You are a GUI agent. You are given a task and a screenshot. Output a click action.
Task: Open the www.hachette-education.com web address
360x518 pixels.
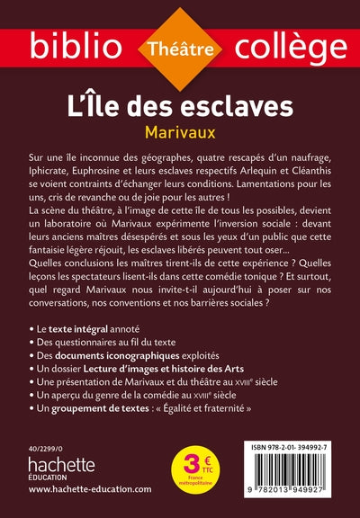89,497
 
